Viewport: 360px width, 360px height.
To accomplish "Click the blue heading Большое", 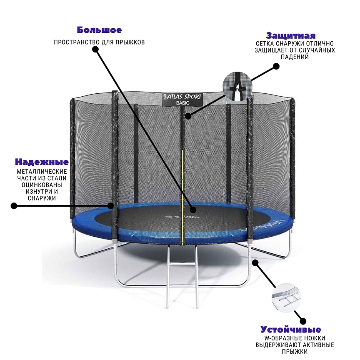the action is point(99,30).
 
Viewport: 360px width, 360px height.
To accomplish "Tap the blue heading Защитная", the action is point(291,36).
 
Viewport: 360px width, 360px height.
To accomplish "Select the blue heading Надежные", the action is point(42,162).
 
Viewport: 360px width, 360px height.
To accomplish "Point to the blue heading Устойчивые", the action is point(291,330).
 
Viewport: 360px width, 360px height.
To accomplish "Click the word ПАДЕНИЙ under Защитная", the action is point(295,57).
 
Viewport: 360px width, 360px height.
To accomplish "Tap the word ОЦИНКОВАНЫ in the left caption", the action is point(42,185).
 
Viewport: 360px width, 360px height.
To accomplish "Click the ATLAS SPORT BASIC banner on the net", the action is point(182,99).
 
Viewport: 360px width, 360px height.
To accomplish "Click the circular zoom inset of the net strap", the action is point(237,87).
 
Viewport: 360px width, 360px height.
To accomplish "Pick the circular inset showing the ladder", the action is point(286,298).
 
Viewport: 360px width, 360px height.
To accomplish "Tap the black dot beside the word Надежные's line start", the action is point(14,206).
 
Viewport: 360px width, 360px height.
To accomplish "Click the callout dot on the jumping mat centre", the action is point(193,210).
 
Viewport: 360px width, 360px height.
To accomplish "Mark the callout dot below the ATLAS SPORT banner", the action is point(188,116).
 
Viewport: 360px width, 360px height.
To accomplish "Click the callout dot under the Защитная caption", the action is point(276,66).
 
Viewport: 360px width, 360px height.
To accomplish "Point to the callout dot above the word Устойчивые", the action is point(303,321).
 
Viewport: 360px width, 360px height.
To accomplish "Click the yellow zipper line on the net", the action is point(182,197).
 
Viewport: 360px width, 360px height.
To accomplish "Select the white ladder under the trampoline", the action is point(182,275).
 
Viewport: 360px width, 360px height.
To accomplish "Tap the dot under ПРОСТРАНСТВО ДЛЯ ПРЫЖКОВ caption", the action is point(95,49).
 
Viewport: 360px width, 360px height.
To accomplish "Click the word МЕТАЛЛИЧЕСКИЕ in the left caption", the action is point(42,172).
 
